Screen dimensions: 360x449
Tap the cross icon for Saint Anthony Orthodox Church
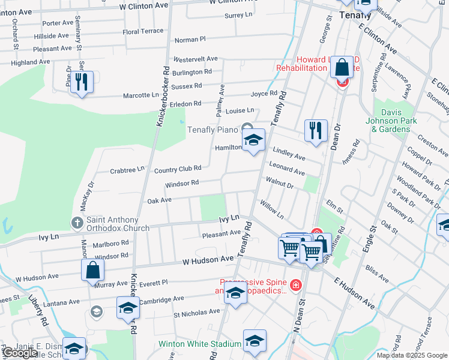77,223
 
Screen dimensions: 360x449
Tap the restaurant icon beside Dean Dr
316,130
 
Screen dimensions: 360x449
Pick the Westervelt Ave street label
195,59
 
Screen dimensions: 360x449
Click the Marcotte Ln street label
140,95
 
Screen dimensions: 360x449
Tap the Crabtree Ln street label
127,171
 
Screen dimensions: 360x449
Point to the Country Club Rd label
177,170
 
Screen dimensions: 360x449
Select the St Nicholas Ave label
197,313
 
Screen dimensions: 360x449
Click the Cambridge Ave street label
161,299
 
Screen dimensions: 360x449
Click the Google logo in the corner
20,353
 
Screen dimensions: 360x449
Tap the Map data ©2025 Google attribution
411,355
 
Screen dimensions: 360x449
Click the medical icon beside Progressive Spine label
295,284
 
